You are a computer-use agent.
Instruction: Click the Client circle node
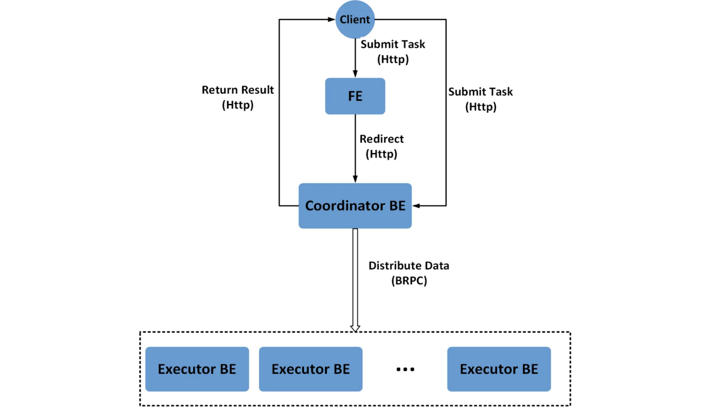coord(355,19)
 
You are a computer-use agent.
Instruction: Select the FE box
coord(355,96)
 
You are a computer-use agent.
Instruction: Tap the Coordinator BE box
coord(355,205)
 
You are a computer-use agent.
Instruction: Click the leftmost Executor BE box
coord(197,369)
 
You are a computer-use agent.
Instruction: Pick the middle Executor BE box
coord(310,369)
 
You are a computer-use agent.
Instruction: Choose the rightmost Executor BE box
coord(499,369)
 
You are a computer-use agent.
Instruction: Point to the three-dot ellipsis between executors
coord(405,370)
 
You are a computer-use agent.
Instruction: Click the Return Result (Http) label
coord(238,97)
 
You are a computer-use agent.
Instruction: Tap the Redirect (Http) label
coord(382,146)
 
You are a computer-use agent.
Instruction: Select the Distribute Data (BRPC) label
coord(409,273)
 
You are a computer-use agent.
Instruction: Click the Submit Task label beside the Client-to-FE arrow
coord(393,51)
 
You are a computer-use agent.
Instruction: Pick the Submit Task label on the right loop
coord(480,99)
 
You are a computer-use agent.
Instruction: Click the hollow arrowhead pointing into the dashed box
coord(355,328)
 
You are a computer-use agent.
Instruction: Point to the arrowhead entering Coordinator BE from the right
coord(416,206)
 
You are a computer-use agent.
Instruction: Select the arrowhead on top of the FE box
coord(355,74)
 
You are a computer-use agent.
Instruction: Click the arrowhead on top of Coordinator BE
coord(355,179)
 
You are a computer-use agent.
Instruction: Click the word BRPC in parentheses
coord(409,281)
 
